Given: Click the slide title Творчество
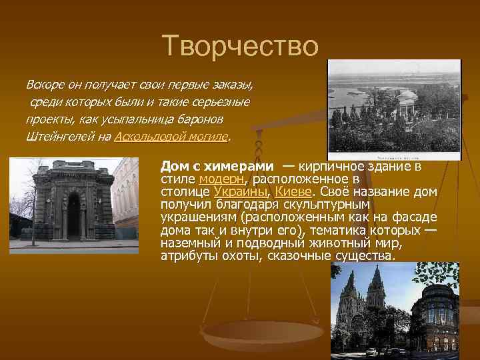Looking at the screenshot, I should pyautogui.click(x=241, y=47).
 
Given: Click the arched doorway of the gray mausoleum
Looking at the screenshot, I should pyautogui.click(x=73, y=216).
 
